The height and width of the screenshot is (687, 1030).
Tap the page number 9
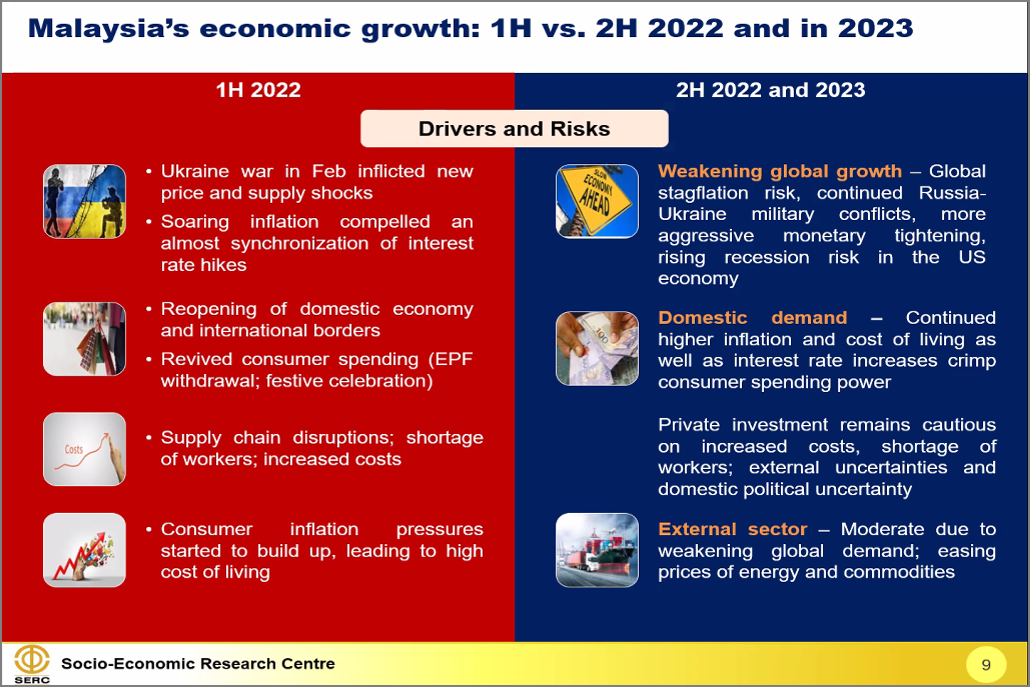[x=986, y=665]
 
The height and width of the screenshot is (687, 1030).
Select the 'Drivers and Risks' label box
[x=514, y=128]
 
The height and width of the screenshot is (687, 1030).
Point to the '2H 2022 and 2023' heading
[x=770, y=90]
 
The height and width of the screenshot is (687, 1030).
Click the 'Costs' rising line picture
[x=85, y=449]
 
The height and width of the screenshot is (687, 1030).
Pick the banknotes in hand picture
[x=597, y=348]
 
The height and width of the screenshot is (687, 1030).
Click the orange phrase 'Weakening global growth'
[x=780, y=171]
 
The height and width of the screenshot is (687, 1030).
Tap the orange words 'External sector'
[x=732, y=529]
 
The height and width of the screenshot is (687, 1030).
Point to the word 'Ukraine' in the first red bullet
[x=195, y=171]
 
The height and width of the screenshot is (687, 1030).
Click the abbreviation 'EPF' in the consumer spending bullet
[x=450, y=359]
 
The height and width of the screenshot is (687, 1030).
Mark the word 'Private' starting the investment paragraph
[x=689, y=425]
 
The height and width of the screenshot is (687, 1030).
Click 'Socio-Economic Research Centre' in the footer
[x=198, y=664]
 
